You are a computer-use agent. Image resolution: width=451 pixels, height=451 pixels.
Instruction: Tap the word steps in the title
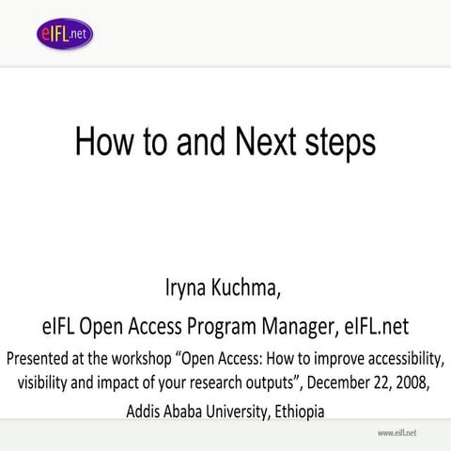[339, 142]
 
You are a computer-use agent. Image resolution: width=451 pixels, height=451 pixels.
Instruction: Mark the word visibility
[48, 382]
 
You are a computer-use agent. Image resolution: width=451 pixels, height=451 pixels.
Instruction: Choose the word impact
[137, 382]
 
